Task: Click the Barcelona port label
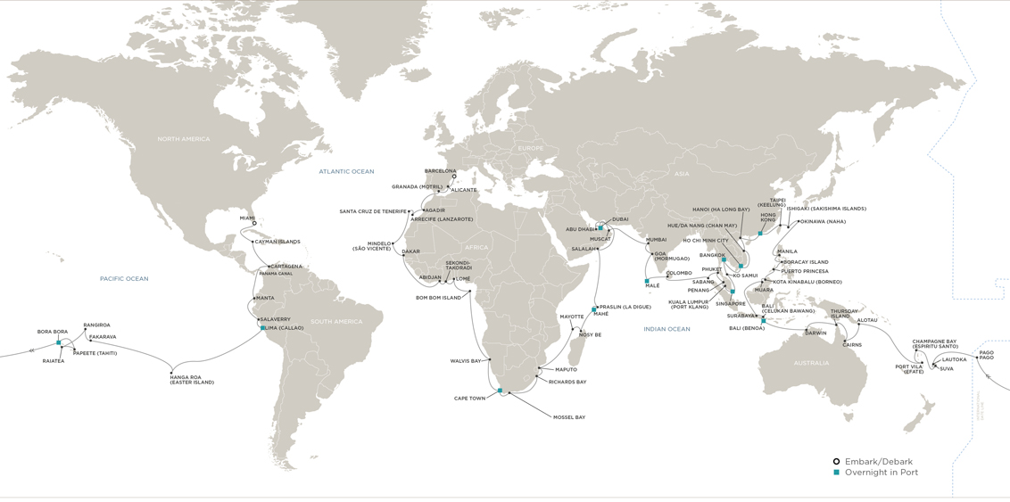[440, 171]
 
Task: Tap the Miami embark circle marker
[254, 224]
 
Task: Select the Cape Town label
[469, 399]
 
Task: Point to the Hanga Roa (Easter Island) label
[191, 380]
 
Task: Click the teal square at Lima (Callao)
[263, 328]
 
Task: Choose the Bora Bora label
[53, 332]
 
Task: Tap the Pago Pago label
[986, 355]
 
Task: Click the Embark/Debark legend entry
[878, 462]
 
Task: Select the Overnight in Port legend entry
[881, 473]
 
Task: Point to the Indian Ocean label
[666, 329]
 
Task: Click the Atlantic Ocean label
[346, 171]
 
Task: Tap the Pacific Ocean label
[124, 279]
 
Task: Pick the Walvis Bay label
[465, 361]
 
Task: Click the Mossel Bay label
[568, 417]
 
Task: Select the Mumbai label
[656, 240]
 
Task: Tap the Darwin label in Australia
[815, 333]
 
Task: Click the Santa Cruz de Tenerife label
[372, 211]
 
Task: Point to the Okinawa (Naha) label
[822, 221]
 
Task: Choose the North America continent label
[183, 139]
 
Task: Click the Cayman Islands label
[277, 242]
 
